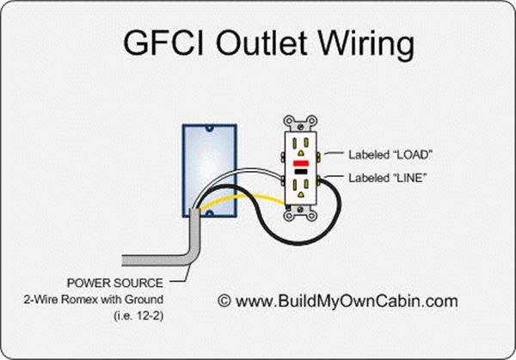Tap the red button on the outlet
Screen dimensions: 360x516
pos(301,161)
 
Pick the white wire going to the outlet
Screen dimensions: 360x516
pos(249,171)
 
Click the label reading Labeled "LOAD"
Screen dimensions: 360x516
pos(390,156)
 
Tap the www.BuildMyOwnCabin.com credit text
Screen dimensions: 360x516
pos(348,301)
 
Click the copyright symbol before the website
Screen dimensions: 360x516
pos(224,301)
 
